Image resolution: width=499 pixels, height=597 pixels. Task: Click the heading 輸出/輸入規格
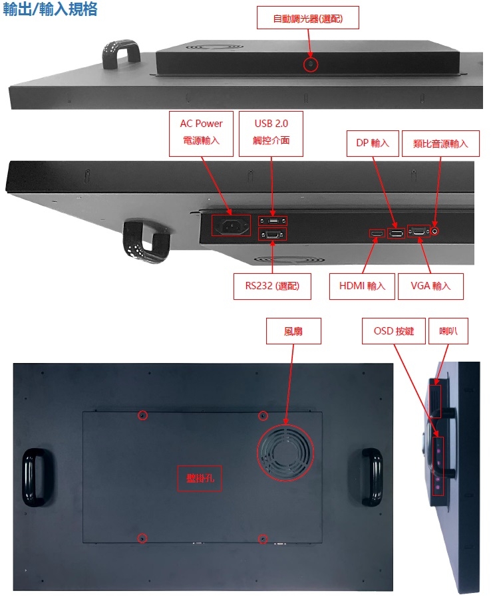click(x=50, y=9)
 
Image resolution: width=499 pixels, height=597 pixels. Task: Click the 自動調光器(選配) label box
click(x=308, y=17)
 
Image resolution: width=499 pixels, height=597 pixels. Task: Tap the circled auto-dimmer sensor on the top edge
click(x=311, y=64)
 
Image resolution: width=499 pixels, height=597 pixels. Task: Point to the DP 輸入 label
click(x=373, y=144)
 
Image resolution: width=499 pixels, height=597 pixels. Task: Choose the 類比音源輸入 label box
click(x=440, y=144)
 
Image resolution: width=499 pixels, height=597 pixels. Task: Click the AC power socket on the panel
click(x=232, y=225)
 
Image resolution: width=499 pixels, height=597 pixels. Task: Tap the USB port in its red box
click(x=273, y=221)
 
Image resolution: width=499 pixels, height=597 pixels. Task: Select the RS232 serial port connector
click(x=273, y=234)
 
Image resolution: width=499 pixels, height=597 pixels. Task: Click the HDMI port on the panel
click(x=377, y=233)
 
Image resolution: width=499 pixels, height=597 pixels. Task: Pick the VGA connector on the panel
click(x=418, y=231)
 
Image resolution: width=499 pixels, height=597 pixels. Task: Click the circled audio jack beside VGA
click(x=435, y=231)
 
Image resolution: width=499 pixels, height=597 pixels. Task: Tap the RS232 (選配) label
click(x=272, y=287)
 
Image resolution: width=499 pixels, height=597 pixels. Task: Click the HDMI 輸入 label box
click(x=362, y=287)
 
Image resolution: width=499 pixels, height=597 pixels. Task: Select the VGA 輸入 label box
click(x=430, y=287)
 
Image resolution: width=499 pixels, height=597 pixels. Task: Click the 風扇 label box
click(x=293, y=331)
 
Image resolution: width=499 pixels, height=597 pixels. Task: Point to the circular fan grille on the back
click(x=285, y=452)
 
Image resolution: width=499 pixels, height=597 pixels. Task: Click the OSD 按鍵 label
click(x=393, y=331)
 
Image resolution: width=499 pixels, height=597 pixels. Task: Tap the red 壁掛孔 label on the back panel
click(x=200, y=478)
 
